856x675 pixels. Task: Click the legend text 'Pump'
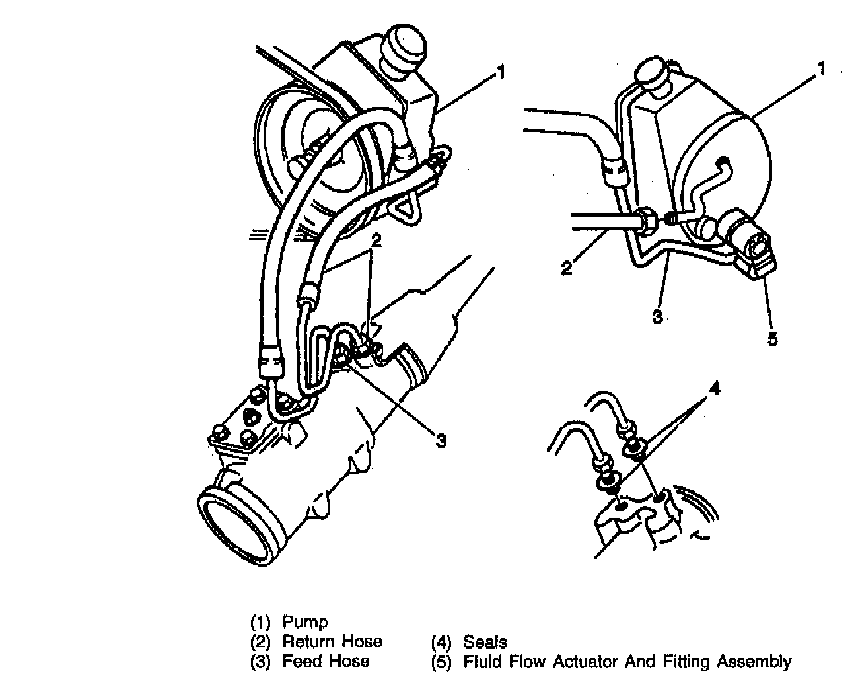(x=304, y=622)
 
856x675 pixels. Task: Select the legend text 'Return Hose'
(x=332, y=641)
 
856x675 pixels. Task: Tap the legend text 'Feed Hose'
(x=326, y=661)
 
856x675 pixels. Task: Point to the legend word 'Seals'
(x=485, y=641)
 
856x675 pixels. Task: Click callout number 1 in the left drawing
(x=501, y=72)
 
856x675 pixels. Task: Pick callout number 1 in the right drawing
(x=821, y=69)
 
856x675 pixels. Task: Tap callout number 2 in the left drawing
(x=376, y=241)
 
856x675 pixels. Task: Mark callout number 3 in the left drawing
(x=440, y=439)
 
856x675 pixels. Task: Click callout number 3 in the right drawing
(x=657, y=316)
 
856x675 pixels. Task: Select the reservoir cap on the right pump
(x=652, y=71)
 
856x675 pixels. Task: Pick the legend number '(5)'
(x=441, y=661)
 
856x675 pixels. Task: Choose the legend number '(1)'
(x=260, y=622)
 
